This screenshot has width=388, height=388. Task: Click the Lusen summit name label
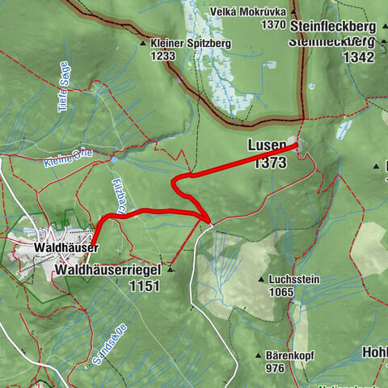267,146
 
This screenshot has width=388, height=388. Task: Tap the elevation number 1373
268,162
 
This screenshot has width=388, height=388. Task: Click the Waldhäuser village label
66,247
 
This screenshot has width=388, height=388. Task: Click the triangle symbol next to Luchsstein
261,280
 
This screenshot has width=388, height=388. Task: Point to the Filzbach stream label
116,195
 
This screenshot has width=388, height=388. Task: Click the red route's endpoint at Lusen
297,145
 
